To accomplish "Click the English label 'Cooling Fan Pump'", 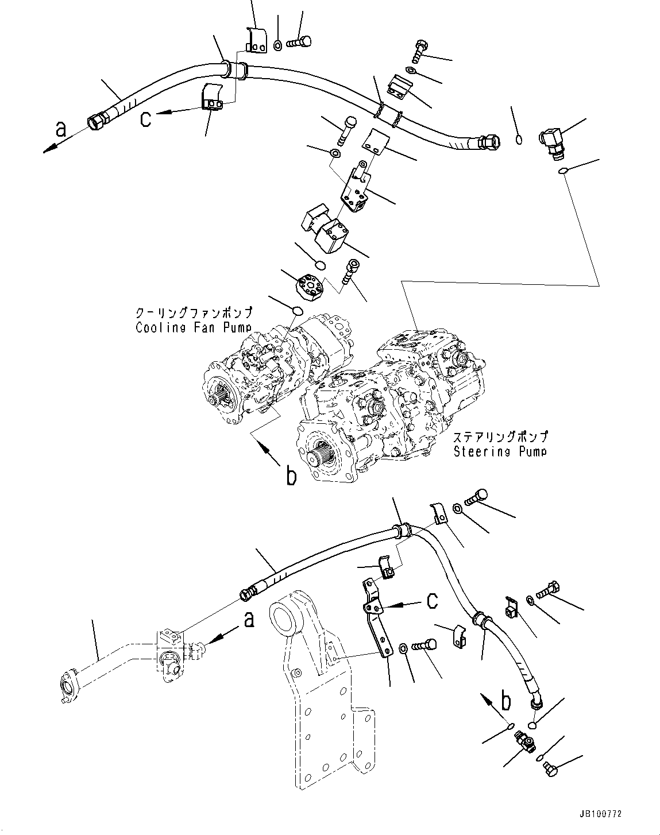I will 194,327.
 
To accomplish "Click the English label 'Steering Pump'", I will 500,451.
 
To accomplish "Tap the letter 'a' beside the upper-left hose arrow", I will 61,129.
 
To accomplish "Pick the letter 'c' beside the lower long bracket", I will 432,601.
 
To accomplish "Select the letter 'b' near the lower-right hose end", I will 505,702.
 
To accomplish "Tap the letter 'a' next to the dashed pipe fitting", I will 248,620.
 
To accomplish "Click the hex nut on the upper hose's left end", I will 95,121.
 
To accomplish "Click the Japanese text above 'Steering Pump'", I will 500,437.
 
